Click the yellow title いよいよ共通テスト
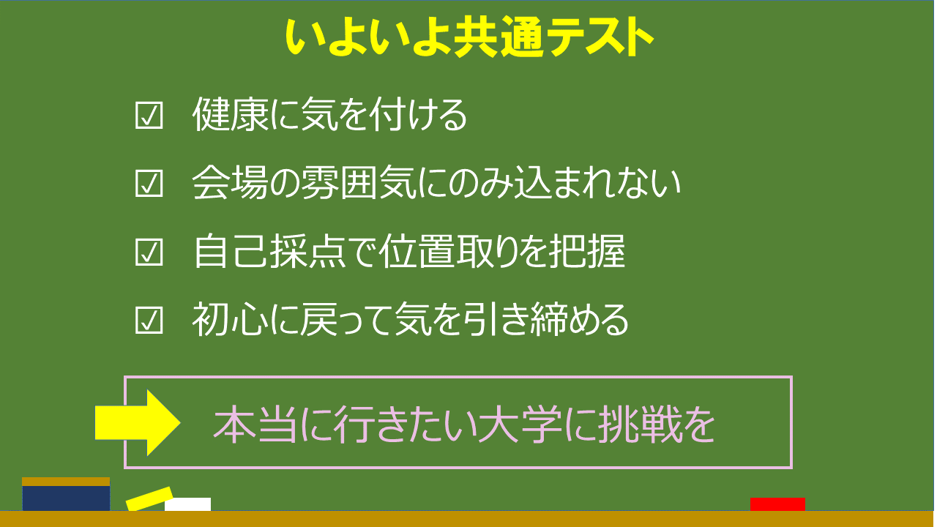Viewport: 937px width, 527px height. point(469,37)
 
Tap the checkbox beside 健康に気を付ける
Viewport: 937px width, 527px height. point(149,116)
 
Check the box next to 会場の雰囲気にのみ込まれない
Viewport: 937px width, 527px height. point(149,183)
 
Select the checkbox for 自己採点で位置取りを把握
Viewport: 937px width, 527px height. point(149,253)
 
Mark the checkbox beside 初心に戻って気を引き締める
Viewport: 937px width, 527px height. point(149,321)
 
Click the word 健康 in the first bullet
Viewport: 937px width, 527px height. point(231,115)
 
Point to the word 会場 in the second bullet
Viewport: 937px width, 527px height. point(231,183)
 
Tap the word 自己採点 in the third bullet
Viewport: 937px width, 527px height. point(270,251)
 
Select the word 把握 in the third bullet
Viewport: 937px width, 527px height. point(587,251)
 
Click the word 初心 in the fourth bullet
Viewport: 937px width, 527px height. point(231,320)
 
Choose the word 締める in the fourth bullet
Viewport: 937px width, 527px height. point(580,320)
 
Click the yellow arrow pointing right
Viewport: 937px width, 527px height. point(138,423)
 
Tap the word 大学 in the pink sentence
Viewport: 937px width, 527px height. point(520,425)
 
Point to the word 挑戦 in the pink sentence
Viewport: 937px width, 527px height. point(639,425)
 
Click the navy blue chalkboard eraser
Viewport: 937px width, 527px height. point(66,498)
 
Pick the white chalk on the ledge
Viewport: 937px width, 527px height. point(188,504)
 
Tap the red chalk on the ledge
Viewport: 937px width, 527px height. point(777,504)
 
